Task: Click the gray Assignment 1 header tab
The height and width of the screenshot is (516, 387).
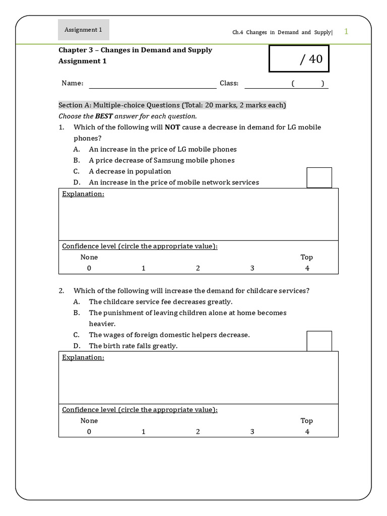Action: tap(83, 30)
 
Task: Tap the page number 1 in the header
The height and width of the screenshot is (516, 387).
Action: tap(346, 32)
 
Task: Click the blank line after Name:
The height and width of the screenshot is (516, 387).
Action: tap(152, 84)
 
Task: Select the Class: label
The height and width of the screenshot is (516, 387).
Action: tap(229, 84)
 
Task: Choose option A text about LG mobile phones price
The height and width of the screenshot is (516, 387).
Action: tap(162, 149)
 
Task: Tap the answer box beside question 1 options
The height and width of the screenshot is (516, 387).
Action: tap(319, 177)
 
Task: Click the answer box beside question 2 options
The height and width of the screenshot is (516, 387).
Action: tap(319, 341)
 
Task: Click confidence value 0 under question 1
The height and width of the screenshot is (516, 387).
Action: tap(89, 268)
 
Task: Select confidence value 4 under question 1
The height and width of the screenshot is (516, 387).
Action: tap(307, 268)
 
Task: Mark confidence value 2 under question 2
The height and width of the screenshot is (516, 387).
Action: tap(198, 431)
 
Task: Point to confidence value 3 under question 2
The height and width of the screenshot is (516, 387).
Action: tap(252, 431)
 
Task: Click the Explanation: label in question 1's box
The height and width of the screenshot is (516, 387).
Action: tap(83, 194)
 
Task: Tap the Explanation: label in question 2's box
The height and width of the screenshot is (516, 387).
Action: tap(83, 357)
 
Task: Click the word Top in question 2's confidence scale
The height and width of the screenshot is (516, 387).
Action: tap(306, 420)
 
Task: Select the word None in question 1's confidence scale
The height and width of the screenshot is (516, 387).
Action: tap(89, 257)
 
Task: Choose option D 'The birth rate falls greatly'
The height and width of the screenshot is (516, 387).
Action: tap(133, 346)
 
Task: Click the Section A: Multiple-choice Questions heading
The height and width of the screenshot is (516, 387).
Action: tap(172, 105)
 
